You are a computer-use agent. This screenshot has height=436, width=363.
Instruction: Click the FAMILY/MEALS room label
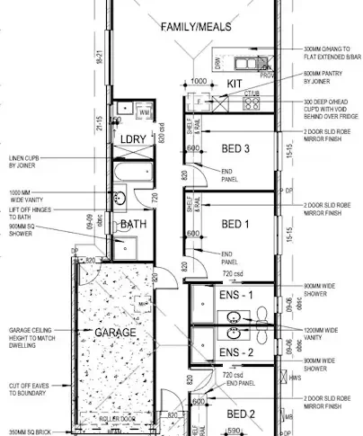coord(196,28)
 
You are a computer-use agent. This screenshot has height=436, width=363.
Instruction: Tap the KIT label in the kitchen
coord(235,84)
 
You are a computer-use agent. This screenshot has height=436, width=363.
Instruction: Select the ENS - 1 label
coord(236,294)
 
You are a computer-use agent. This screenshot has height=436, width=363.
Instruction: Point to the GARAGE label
coord(116,333)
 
